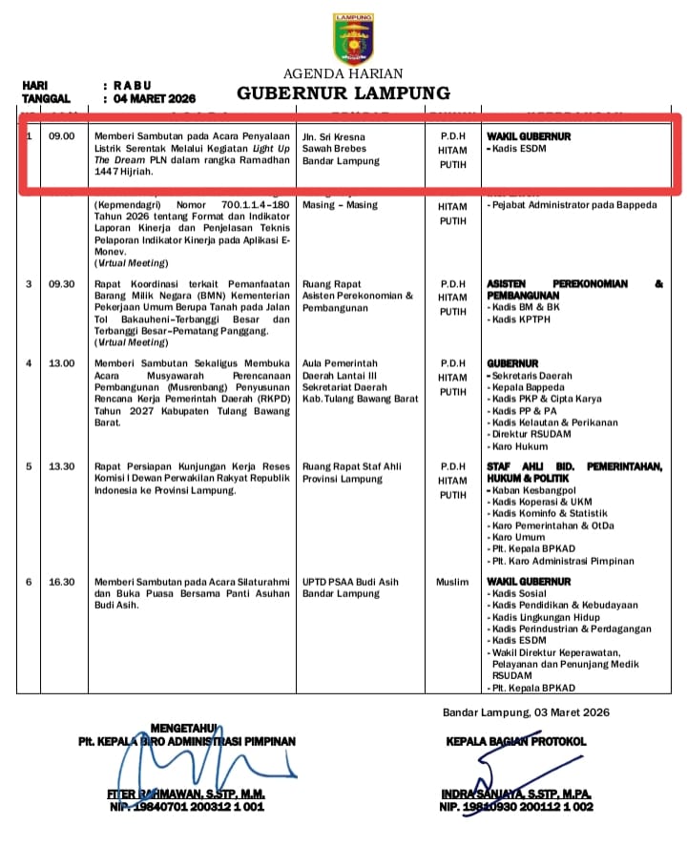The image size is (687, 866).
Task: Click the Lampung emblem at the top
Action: tap(353, 38)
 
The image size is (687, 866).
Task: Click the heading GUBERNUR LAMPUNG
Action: tap(343, 93)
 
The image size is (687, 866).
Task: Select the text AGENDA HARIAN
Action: tap(343, 73)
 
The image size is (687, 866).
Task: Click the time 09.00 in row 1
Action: tap(62, 136)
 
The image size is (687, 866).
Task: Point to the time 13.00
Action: tap(62, 363)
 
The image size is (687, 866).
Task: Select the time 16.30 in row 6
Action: tap(62, 582)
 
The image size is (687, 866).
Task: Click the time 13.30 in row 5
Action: tap(62, 466)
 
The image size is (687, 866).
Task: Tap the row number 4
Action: tap(29, 363)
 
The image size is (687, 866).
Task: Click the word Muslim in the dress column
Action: tap(452, 582)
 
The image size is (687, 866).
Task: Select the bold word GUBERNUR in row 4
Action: tap(512, 363)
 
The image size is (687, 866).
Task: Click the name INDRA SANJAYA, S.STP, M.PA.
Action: tap(516, 794)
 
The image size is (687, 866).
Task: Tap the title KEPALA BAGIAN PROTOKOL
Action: tap(516, 741)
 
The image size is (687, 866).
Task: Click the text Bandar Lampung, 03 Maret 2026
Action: tap(526, 712)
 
